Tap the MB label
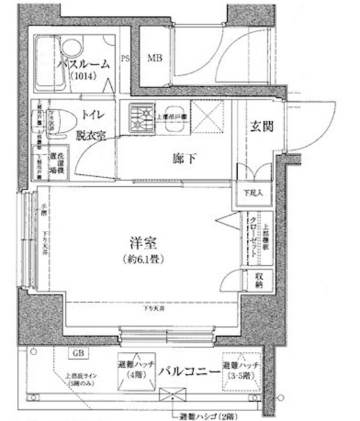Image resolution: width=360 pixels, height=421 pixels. [155, 59]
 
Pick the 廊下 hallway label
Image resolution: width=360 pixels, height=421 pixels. [184, 158]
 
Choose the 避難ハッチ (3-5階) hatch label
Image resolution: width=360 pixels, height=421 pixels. [242, 370]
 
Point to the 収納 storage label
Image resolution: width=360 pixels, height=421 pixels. [259, 281]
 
